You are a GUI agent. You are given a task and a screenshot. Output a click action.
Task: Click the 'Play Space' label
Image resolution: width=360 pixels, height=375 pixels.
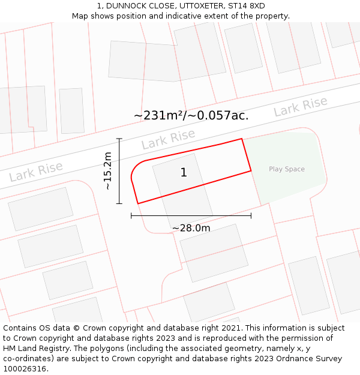[287, 169]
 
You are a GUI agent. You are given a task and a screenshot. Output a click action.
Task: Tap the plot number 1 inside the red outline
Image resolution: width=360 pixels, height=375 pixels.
[184, 173]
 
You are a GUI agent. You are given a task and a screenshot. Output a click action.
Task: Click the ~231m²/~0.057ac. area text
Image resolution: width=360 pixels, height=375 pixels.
[191, 115]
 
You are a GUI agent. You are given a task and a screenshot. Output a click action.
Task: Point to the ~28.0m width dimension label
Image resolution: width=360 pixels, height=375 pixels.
[191, 228]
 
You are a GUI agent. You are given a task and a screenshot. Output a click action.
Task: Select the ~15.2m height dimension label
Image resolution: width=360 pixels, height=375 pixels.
[108, 171]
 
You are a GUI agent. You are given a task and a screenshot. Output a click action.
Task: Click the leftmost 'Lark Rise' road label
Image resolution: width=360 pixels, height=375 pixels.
[36, 172]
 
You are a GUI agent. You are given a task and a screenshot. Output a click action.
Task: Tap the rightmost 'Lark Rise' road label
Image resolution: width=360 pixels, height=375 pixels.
[301, 107]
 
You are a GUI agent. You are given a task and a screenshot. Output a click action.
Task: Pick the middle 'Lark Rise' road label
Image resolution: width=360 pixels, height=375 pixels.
[169, 139]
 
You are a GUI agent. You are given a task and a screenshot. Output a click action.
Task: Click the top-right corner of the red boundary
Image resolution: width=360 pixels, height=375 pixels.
[242, 139]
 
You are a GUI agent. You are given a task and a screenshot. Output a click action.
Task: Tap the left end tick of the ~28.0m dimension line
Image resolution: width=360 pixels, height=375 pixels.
[131, 215]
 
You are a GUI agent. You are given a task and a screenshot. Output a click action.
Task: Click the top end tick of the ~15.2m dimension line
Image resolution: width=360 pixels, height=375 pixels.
[119, 139]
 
